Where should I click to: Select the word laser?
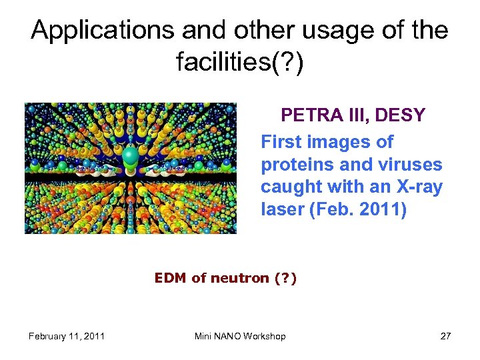281,210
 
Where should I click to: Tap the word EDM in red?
171,278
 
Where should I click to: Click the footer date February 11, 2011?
67,336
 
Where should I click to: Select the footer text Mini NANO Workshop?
240,336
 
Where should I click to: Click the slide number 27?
445,336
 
